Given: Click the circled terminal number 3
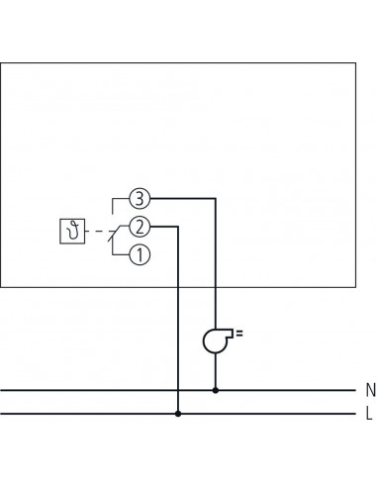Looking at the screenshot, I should [x=141, y=198].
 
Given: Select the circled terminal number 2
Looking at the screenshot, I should [x=141, y=227].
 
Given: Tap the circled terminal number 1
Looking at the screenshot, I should [x=141, y=255].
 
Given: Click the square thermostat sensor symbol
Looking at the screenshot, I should [x=73, y=233].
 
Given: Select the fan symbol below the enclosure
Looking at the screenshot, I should [x=214, y=341].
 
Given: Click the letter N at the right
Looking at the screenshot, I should [x=369, y=390].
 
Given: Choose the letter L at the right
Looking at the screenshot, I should [x=369, y=414].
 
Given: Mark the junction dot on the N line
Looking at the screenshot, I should [x=216, y=390].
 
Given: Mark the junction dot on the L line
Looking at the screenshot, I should [x=178, y=414].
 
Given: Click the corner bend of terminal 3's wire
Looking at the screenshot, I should [x=216, y=198].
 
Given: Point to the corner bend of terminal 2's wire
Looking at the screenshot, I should [x=178, y=227].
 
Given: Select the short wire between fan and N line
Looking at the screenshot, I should [x=216, y=371].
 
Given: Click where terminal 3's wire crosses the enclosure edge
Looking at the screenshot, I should [x=216, y=288].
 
